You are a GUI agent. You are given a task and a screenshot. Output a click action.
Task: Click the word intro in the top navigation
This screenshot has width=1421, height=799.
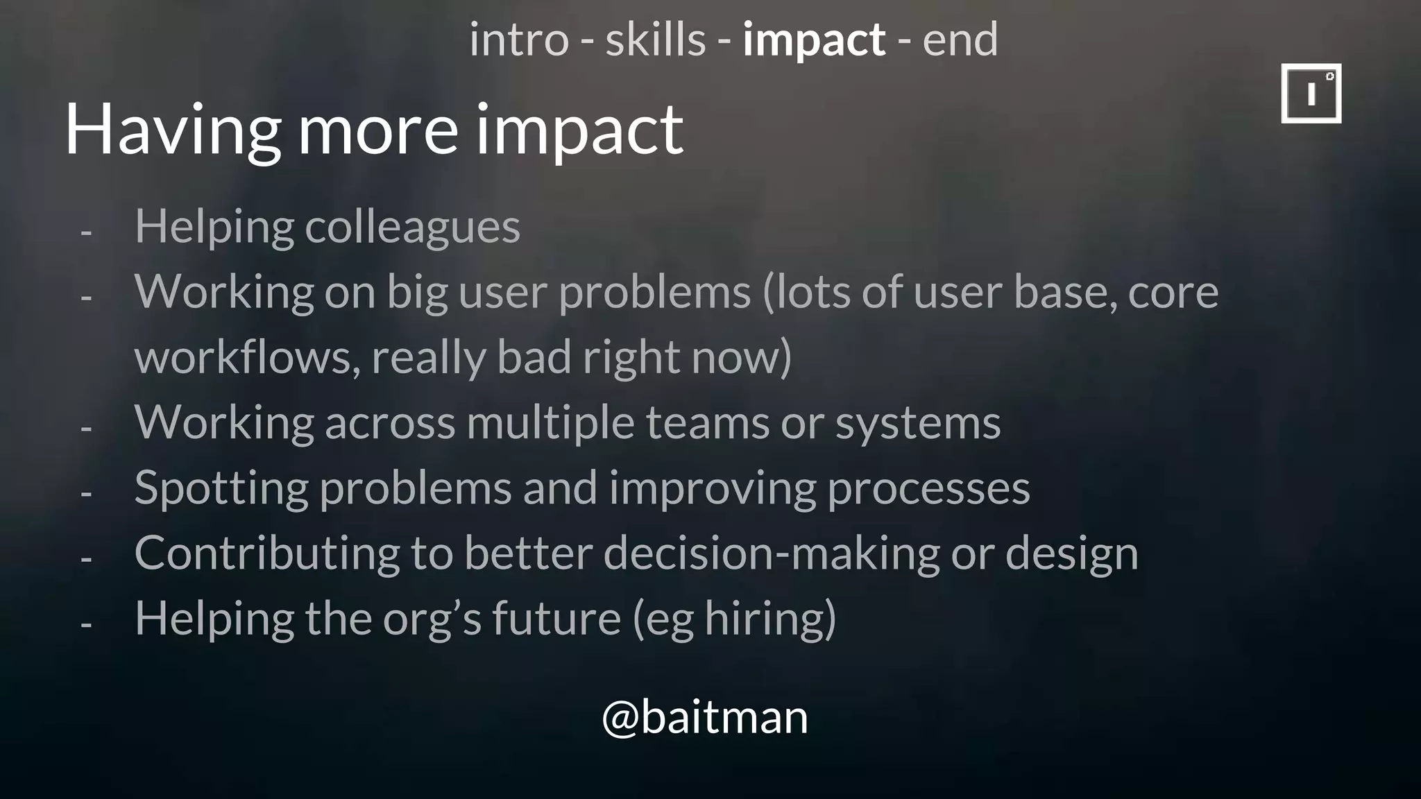[x=518, y=40]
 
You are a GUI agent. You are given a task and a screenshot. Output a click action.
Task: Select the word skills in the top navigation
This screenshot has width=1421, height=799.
[x=655, y=40]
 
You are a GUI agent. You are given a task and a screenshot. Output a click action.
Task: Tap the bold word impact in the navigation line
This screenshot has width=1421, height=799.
[x=813, y=40]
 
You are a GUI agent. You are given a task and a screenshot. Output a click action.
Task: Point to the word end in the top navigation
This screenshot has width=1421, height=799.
[x=960, y=40]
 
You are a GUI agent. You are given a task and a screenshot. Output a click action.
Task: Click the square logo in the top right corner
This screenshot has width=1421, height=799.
[x=1311, y=93]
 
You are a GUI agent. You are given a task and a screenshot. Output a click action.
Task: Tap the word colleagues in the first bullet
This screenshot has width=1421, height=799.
[x=412, y=227]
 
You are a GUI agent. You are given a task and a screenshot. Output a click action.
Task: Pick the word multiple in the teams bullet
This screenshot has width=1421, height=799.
[x=550, y=422]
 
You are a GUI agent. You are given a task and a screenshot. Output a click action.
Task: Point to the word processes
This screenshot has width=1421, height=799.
[x=928, y=488]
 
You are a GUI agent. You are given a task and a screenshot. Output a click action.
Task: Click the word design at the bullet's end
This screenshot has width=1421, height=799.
[x=1071, y=553]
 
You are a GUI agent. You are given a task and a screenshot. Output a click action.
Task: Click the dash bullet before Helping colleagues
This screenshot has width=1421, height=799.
[x=86, y=232]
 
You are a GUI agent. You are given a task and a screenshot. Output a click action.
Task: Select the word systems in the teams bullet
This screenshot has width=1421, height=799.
[x=917, y=422]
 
